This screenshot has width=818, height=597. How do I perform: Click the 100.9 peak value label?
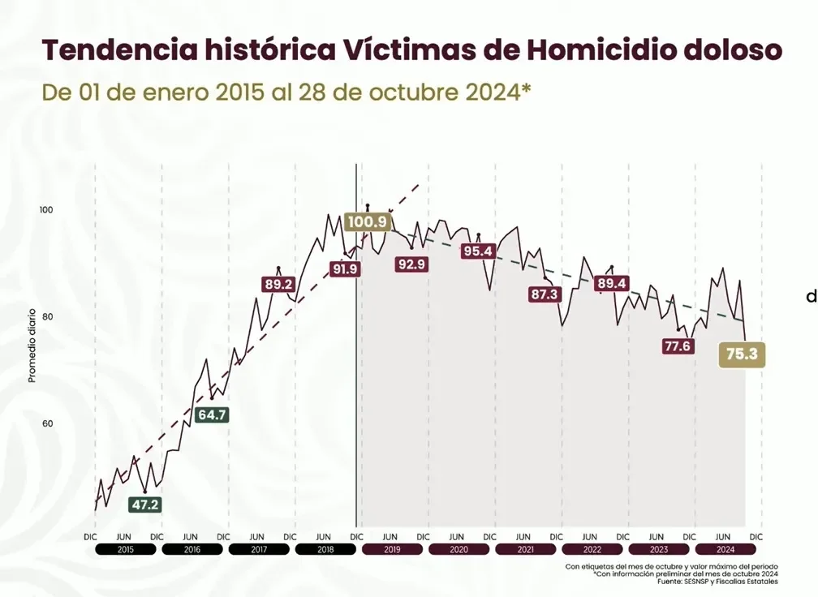point(367,221)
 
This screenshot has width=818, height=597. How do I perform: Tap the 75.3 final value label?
point(743,354)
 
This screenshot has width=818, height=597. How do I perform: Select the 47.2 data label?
point(145,505)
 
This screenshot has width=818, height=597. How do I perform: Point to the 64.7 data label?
point(213,414)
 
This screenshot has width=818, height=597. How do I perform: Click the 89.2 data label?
point(278,284)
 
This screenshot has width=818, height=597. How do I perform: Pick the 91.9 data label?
point(344,268)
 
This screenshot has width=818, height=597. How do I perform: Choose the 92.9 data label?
point(411,264)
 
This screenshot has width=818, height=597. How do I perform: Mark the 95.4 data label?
point(478,251)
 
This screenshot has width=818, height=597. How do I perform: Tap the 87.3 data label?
point(545,294)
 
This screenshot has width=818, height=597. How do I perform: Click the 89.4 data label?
point(611,283)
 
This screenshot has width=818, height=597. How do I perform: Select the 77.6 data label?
point(677,346)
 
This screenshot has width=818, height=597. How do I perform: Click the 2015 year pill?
point(125,549)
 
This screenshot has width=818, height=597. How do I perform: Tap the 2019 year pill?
point(392,549)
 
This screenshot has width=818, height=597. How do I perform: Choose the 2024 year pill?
point(725,549)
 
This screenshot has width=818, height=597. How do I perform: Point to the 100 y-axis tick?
point(46,210)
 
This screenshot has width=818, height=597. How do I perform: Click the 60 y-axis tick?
point(47,423)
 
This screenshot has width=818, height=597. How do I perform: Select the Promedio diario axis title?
point(32,345)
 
